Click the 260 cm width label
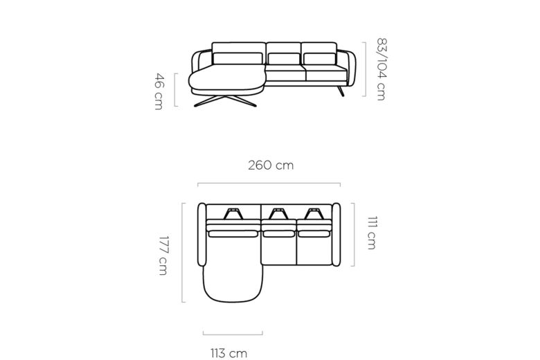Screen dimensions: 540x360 (x=271, y=165)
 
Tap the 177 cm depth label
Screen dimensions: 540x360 (x=163, y=255)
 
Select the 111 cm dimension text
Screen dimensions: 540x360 (x=372, y=233)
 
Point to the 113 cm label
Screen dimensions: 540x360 (x=229, y=353)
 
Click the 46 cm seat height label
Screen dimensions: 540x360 (x=159, y=91)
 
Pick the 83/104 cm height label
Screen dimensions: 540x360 (x=381, y=69)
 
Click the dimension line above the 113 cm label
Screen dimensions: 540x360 (x=233, y=334)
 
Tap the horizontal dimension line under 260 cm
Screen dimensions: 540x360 (x=269, y=183)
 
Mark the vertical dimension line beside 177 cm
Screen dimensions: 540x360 (x=183, y=253)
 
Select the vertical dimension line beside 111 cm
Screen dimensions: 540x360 (x=354, y=234)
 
